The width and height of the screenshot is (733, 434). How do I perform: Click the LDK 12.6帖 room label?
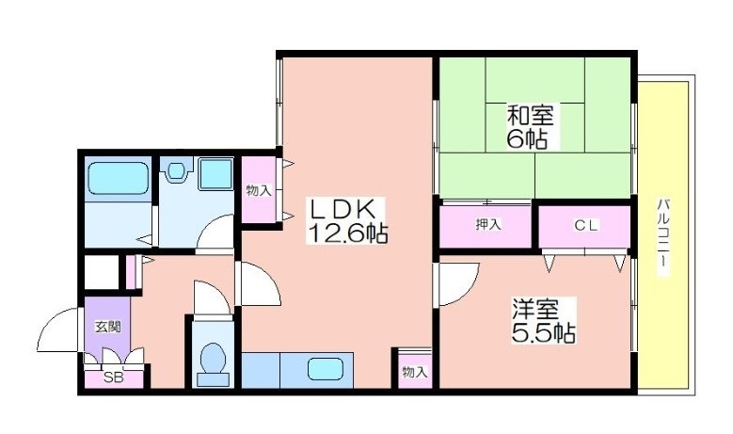click(347, 220)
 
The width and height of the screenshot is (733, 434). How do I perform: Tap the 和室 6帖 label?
click(530, 127)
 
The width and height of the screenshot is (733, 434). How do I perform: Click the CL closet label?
click(586, 225)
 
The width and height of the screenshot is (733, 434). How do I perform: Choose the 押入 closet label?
click(488, 224)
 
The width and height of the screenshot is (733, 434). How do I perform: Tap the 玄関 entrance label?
click(108, 327)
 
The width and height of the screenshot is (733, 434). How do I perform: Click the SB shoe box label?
click(113, 378)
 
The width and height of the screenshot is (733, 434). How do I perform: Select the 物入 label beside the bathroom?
click(259, 190)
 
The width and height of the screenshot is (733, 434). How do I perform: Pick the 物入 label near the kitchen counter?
click(415, 372)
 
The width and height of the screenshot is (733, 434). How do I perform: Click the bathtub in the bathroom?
click(118, 178)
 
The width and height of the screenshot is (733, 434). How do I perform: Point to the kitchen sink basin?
click(326, 369)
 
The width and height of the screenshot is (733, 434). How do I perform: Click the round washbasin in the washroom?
click(175, 169)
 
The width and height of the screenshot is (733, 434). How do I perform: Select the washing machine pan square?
click(216, 173)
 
